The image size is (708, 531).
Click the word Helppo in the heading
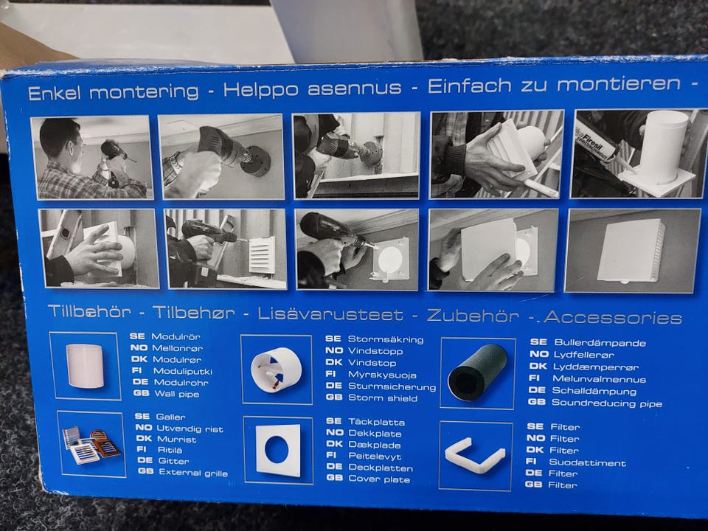[261, 89]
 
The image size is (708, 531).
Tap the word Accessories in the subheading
[613, 317]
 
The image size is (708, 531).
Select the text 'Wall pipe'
[176, 394]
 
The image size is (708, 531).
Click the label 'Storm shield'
[383, 398]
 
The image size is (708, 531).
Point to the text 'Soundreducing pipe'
[607, 403]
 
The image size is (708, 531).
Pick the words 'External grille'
[193, 473]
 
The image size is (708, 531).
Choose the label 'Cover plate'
[379, 479]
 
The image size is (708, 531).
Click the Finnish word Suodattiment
[588, 462]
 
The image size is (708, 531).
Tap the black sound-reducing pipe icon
[477, 373]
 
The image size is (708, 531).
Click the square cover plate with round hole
[278, 450]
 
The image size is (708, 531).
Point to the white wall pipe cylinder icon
[85, 366]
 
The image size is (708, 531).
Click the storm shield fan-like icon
[276, 369]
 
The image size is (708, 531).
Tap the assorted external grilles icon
[91, 445]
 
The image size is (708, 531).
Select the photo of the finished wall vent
[633, 251]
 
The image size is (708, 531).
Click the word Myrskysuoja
[382, 375]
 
